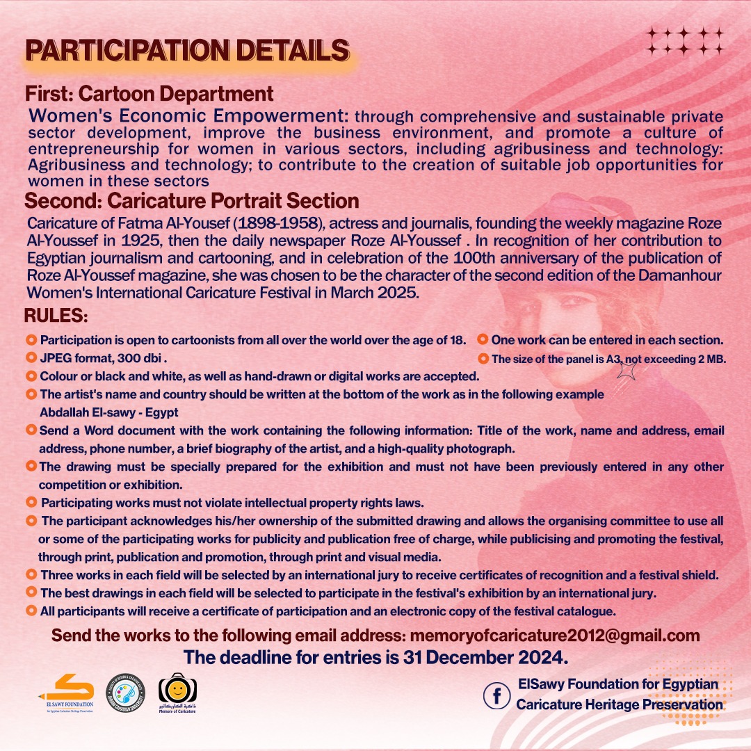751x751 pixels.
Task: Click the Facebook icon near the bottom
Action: click(x=497, y=695)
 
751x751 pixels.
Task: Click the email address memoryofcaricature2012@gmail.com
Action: click(x=555, y=636)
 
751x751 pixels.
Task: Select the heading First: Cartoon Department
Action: click(x=149, y=94)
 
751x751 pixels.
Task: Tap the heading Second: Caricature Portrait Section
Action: click(x=191, y=202)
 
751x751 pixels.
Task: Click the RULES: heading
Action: click(x=56, y=316)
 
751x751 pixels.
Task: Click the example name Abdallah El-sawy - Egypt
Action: click(x=108, y=412)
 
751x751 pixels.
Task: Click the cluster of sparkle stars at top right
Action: click(x=685, y=41)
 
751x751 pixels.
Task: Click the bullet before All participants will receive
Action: click(x=31, y=611)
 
